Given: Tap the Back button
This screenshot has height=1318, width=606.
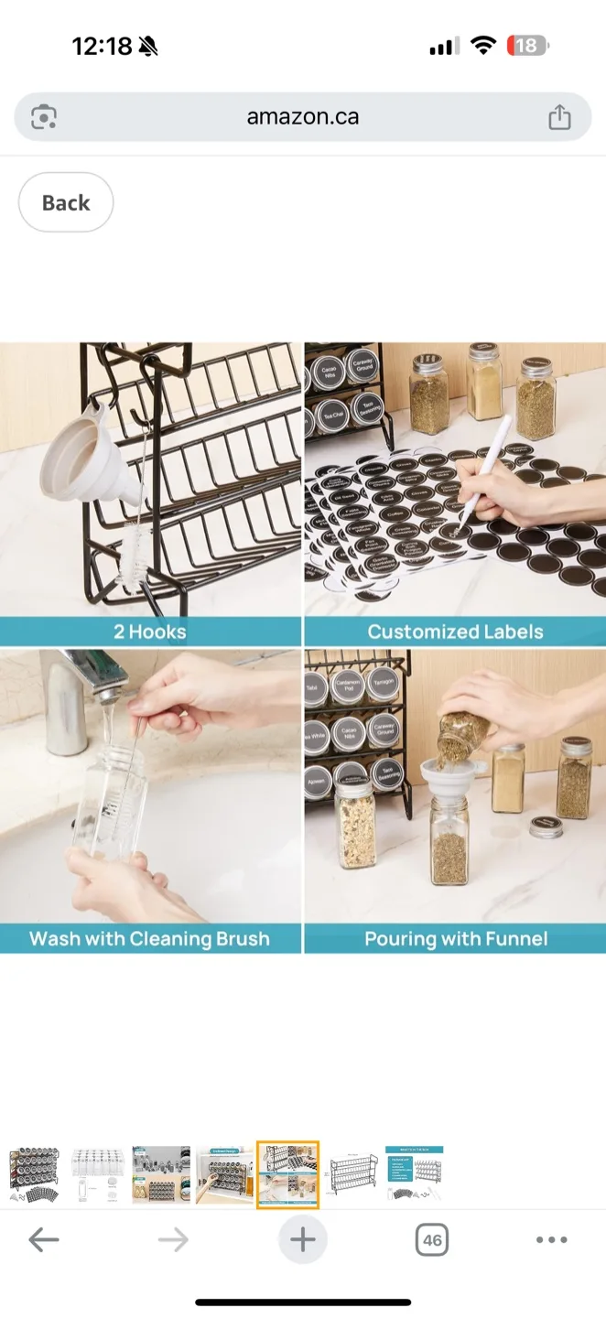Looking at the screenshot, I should (x=66, y=202).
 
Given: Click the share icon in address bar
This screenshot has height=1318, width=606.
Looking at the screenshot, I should (x=559, y=117).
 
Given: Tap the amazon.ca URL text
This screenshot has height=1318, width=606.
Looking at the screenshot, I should (x=302, y=117).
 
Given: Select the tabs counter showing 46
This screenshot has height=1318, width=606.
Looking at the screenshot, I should (x=432, y=1240).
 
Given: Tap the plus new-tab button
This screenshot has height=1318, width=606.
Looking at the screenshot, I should (x=302, y=1240).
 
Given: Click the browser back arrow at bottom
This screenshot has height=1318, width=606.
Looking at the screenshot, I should (x=43, y=1240).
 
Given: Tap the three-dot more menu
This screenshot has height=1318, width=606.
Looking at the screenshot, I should (x=551, y=1240).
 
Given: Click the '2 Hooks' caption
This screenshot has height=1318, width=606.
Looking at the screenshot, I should (x=150, y=632).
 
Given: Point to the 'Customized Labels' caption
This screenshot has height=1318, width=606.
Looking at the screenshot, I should (x=455, y=632).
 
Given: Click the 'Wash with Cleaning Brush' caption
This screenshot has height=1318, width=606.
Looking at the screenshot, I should (x=150, y=939).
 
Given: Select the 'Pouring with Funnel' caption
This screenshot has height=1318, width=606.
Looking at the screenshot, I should (x=455, y=939).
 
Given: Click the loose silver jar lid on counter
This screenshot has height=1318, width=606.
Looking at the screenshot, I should (x=546, y=826).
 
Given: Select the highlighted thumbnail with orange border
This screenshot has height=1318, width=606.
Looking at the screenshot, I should (x=287, y=1174).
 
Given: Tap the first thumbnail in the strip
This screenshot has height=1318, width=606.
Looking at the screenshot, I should (x=34, y=1174).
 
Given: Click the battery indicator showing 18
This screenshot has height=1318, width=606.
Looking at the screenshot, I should (x=527, y=46).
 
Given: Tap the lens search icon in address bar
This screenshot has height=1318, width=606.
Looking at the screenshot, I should (x=44, y=117).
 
